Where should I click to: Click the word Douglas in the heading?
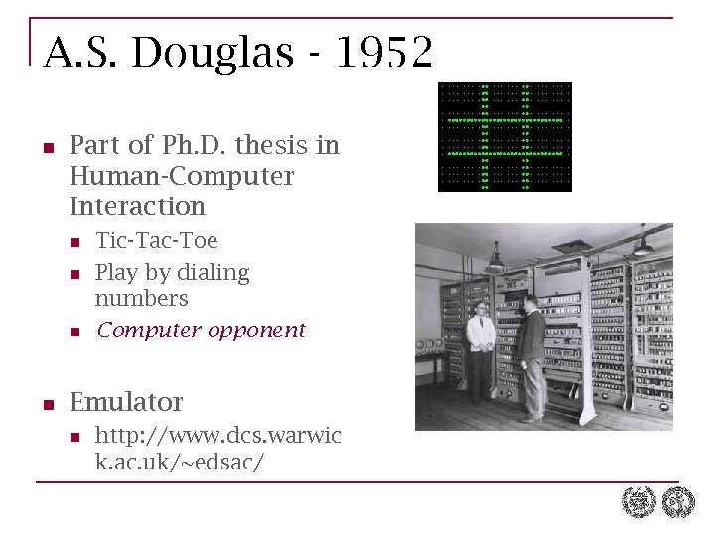[214, 53]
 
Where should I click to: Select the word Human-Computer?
[182, 176]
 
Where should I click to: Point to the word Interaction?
[137, 206]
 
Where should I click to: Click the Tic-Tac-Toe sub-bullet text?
[156, 240]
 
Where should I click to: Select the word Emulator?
[126, 402]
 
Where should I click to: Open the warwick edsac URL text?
[217, 448]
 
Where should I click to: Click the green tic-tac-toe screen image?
[504, 137]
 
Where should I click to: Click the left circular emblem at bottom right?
[639, 503]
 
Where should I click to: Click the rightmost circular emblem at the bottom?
[678, 503]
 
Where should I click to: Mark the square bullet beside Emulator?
[47, 403]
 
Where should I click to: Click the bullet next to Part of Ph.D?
[47, 146]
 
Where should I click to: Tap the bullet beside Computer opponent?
[72, 331]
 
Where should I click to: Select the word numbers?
[141, 298]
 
